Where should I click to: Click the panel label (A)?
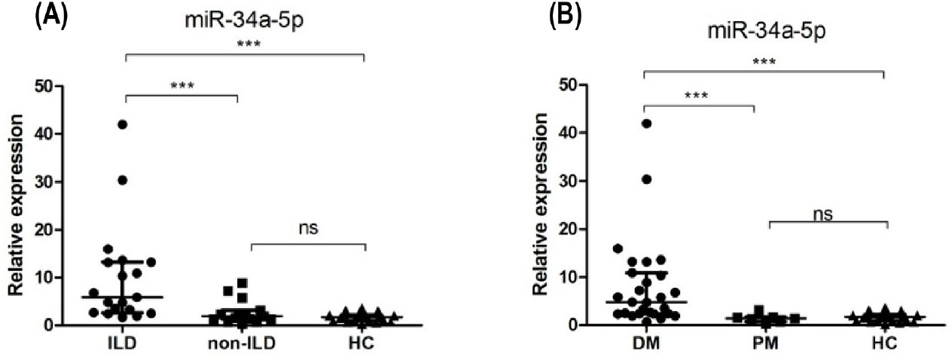point(52,17)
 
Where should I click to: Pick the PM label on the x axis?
point(754,346)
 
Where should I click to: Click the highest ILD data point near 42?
point(123,124)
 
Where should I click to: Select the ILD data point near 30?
point(123,180)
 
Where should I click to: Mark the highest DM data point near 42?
point(645,124)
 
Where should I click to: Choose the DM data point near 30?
point(645,179)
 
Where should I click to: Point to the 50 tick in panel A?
point(43,86)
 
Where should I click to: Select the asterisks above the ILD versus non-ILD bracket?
point(182,85)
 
